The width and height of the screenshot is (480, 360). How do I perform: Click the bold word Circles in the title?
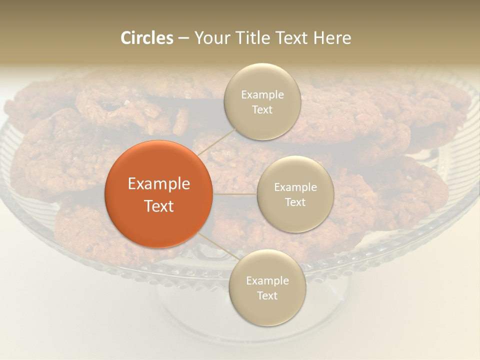tap(146, 38)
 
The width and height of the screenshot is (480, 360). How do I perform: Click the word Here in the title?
tap(332, 38)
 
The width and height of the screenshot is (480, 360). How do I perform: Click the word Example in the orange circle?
tap(159, 184)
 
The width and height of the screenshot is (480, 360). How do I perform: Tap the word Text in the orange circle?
tap(159, 206)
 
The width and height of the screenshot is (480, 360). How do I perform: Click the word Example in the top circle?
tap(262, 95)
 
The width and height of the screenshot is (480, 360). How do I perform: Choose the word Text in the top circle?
tap(262, 109)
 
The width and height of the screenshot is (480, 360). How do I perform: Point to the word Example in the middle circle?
tap(295, 187)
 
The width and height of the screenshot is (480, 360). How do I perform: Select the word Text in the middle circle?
tap(295, 202)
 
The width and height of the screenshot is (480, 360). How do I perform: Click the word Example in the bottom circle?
tap(267, 281)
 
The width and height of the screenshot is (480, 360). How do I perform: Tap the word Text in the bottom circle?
tap(267, 295)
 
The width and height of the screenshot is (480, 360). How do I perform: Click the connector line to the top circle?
tap(215, 140)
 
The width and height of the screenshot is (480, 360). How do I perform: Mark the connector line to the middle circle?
tap(235, 194)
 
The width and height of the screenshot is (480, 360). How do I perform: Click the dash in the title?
tap(183, 38)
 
